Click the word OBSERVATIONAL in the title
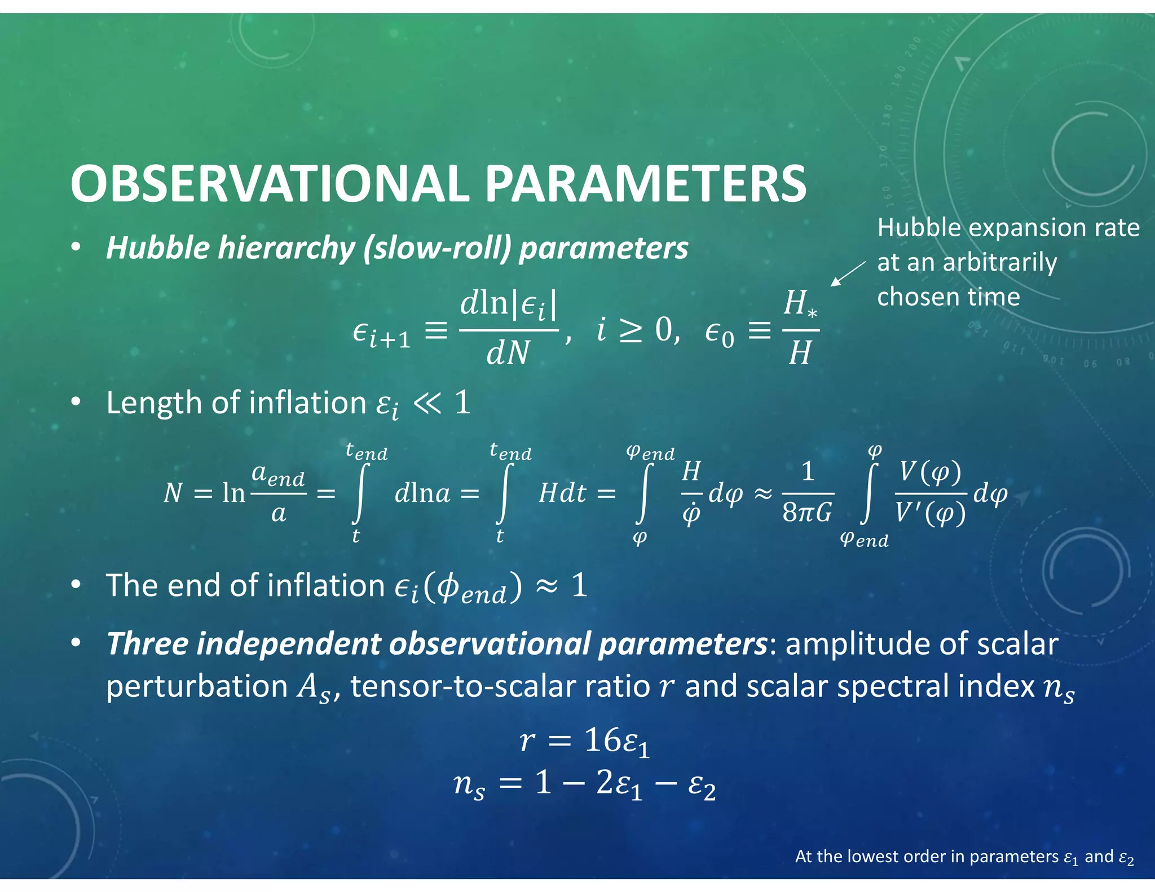pyautogui.click(x=270, y=184)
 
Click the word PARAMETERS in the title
pyautogui.click(x=646, y=184)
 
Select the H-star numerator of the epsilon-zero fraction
pyautogui.click(x=800, y=304)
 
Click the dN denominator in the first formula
pyautogui.click(x=508, y=354)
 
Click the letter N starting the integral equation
pyautogui.click(x=173, y=493)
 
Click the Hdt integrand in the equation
pyautogui.click(x=562, y=493)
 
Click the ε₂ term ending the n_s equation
pyautogui.click(x=701, y=785)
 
